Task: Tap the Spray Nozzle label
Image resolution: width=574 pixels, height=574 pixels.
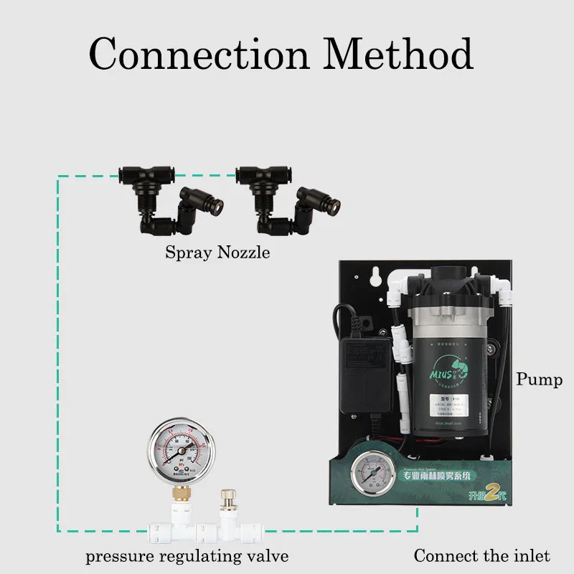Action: (x=217, y=253)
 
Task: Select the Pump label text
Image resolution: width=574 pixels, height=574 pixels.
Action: (x=539, y=379)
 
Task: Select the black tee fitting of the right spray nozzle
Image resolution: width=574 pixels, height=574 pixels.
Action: (x=265, y=175)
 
